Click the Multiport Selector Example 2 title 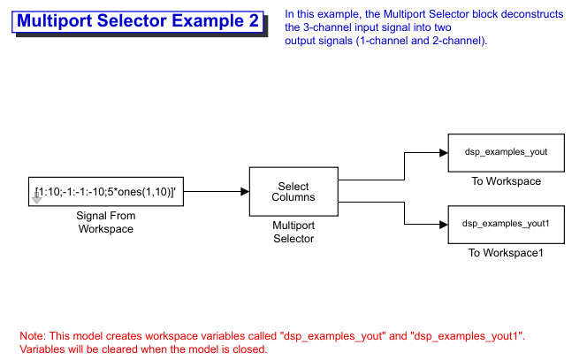(x=138, y=21)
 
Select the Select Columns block (x=293, y=191)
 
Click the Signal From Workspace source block (x=106, y=191)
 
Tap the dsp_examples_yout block (x=507, y=153)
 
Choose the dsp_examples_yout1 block (x=507, y=225)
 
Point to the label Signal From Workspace (x=106, y=222)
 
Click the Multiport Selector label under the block (x=293, y=232)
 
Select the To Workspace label (x=507, y=181)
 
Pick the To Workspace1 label (x=506, y=253)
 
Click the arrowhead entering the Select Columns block (x=245, y=191)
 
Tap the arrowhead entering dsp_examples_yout (x=444, y=153)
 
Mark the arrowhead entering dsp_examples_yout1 (x=444, y=225)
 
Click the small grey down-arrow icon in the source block (x=36, y=198)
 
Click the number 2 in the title (x=254, y=21)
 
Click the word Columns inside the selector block (x=293, y=197)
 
